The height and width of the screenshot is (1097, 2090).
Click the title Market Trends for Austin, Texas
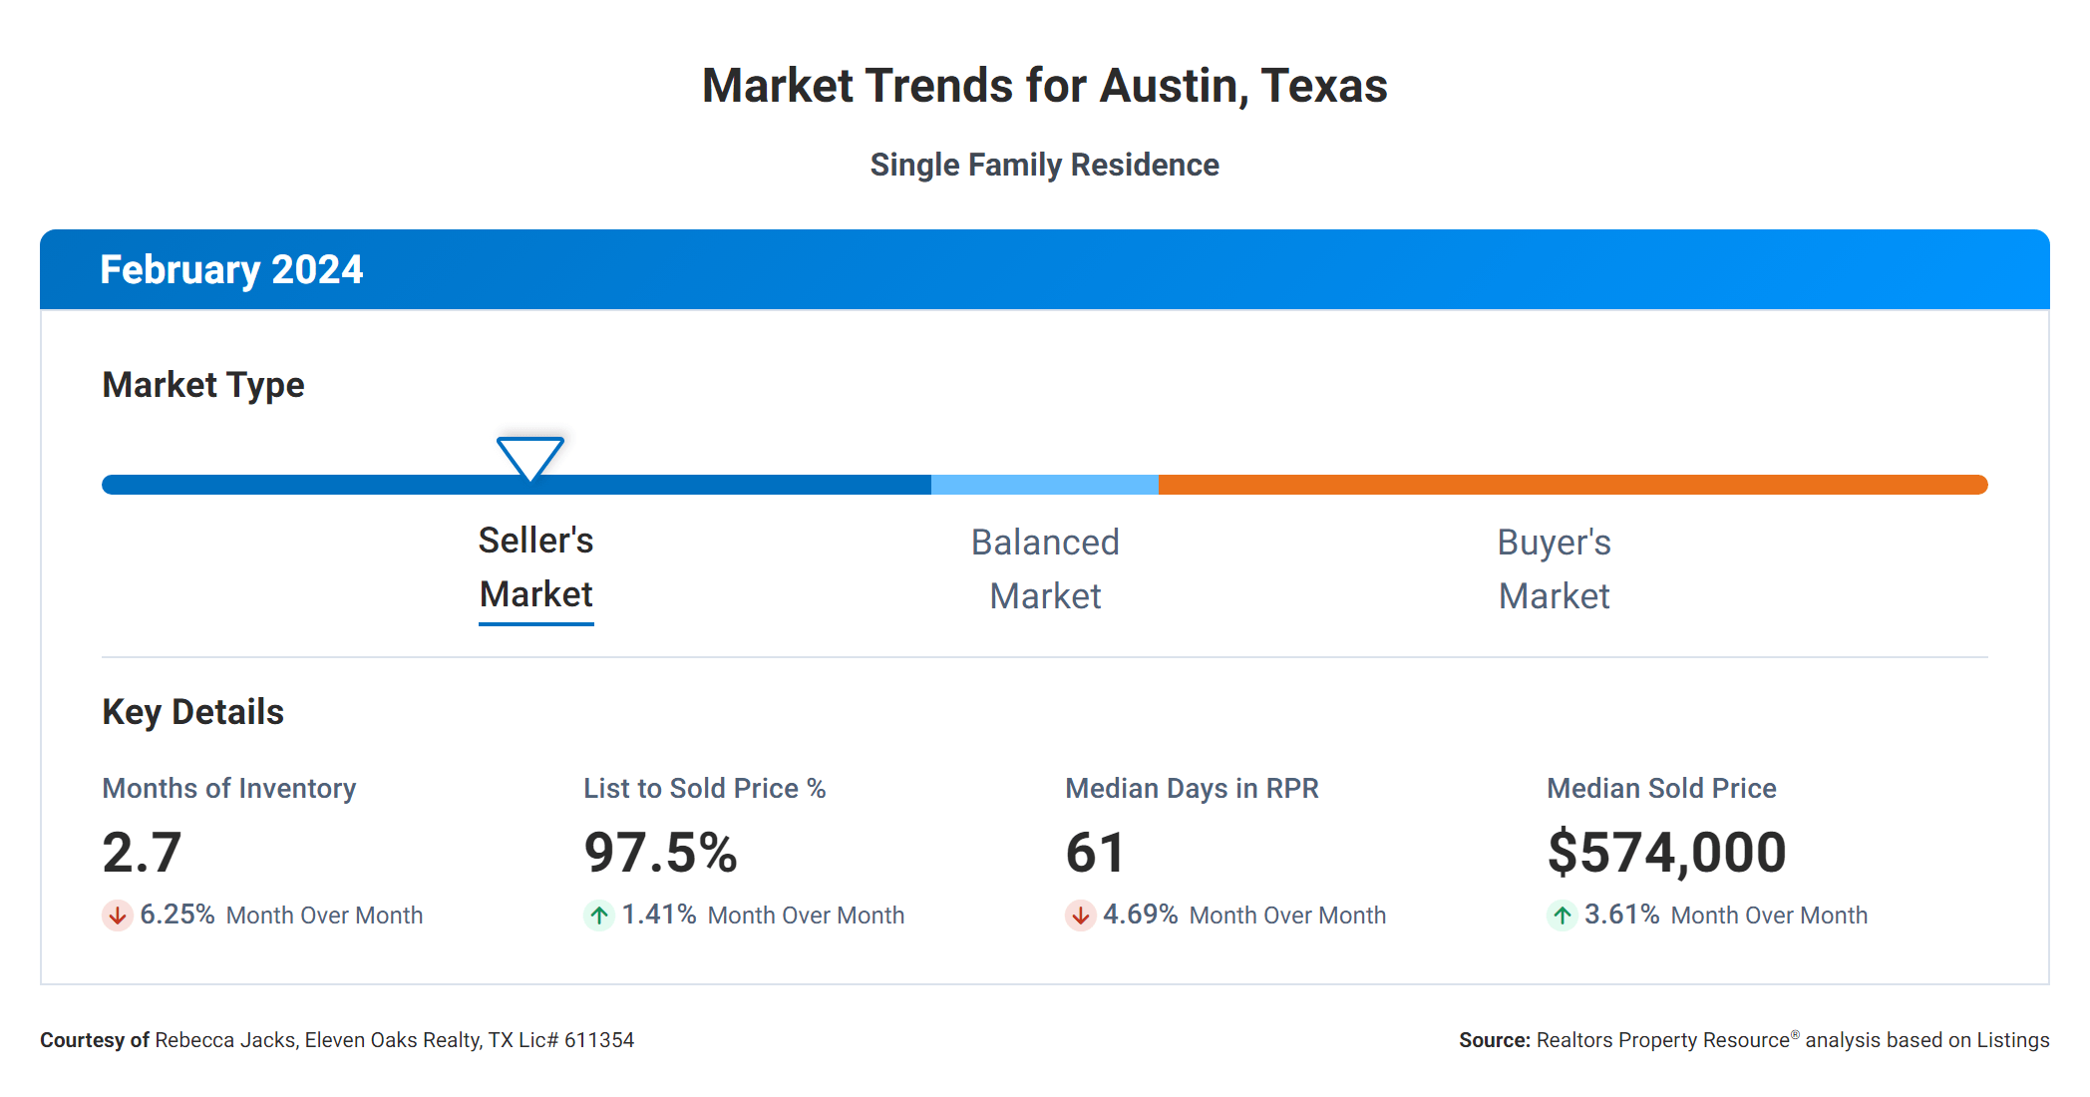(x=1044, y=86)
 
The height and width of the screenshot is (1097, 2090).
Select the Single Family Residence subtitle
(x=1044, y=165)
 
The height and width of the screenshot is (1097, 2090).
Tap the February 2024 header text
(x=231, y=270)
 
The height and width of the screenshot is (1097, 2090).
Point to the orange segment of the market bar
(x=1571, y=485)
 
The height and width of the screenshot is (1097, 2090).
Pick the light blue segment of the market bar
(x=1044, y=485)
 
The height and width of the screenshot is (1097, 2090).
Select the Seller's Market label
(x=535, y=567)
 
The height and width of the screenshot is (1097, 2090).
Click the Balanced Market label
(x=1045, y=569)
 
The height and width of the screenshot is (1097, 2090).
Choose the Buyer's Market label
(x=1554, y=569)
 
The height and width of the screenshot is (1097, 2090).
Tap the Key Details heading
(x=192, y=712)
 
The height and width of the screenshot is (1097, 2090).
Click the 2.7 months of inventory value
(x=142, y=853)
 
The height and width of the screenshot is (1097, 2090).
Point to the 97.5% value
(x=660, y=853)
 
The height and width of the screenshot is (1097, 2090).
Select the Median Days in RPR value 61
(x=1095, y=853)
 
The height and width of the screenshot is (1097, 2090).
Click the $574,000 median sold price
(x=1666, y=853)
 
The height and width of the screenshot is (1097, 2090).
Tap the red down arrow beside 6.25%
(x=118, y=914)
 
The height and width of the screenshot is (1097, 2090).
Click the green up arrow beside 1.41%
(x=599, y=914)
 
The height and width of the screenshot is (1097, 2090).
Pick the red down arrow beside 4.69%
(x=1080, y=914)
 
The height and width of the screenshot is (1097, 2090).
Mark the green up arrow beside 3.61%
(x=1562, y=914)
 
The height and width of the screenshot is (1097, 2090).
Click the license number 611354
(x=598, y=1040)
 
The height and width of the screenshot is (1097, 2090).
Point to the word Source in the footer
(x=1494, y=1040)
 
